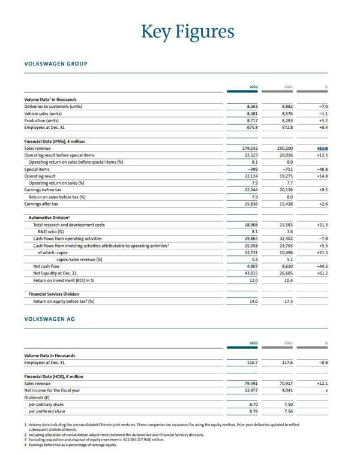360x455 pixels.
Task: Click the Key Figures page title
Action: pyautogui.click(x=188, y=31)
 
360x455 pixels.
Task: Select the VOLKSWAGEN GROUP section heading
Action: pyautogui.click(x=56, y=64)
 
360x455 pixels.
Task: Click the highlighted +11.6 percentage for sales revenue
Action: pyautogui.click(x=322, y=147)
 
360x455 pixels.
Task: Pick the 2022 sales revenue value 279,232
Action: pyautogui.click(x=248, y=147)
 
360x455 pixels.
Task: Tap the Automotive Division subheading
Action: pyautogui.click(x=50, y=218)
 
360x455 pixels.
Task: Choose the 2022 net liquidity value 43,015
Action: pyautogui.click(x=250, y=273)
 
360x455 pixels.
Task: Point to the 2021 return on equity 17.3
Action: pyautogui.click(x=287, y=301)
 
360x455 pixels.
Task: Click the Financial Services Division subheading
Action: pyautogui.click(x=54, y=294)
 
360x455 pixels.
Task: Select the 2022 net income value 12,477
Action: pyautogui.click(x=249, y=390)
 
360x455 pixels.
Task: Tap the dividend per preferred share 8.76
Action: pyautogui.click(x=253, y=411)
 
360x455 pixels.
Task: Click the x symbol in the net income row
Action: pyautogui.click(x=326, y=390)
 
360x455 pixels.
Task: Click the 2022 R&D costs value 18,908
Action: pyautogui.click(x=249, y=225)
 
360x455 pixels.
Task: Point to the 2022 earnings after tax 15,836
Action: pyautogui.click(x=249, y=204)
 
